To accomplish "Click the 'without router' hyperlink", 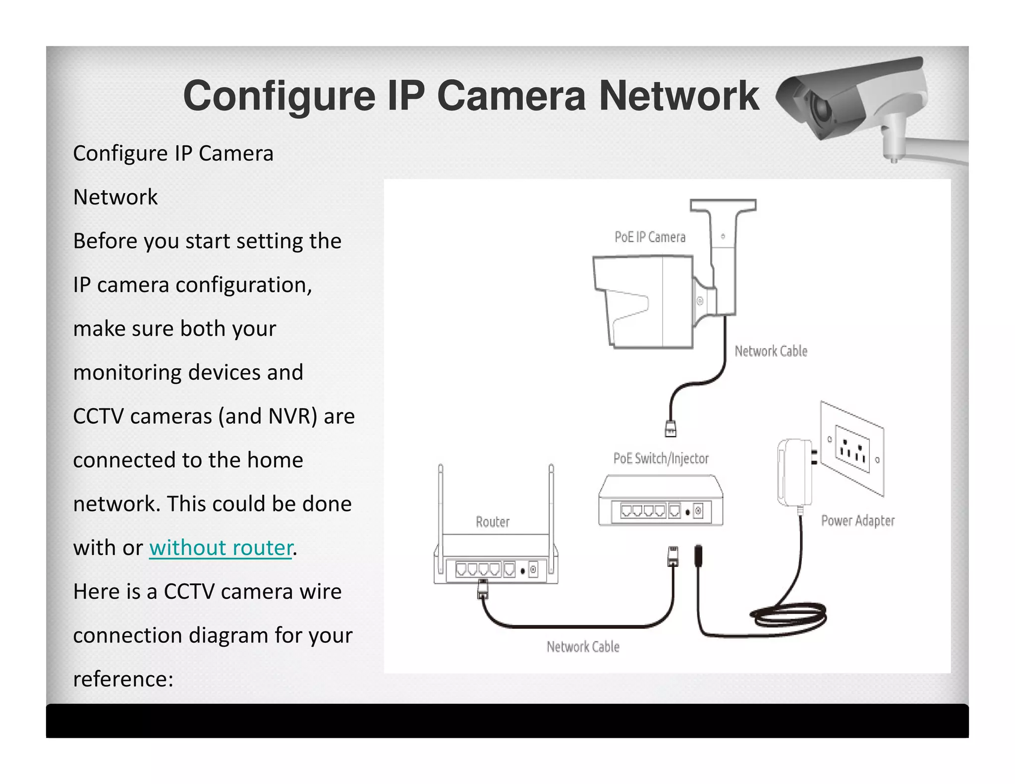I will point(221,548).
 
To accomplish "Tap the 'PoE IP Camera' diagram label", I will point(650,237).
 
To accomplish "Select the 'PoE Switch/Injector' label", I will point(661,458).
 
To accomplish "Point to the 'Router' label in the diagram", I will point(492,522).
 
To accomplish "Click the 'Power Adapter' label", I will point(857,521).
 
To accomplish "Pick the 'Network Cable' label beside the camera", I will point(771,351).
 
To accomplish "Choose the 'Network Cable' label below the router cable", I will point(583,647).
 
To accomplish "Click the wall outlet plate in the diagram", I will point(852,448).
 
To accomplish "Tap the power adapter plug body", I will point(794,472).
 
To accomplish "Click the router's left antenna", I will point(441,501).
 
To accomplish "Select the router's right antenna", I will point(551,501).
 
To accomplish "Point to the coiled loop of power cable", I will point(788,617).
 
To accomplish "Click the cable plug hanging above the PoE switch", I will point(671,428).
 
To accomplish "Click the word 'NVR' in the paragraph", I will point(288,416).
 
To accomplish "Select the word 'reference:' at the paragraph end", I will point(123,679).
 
